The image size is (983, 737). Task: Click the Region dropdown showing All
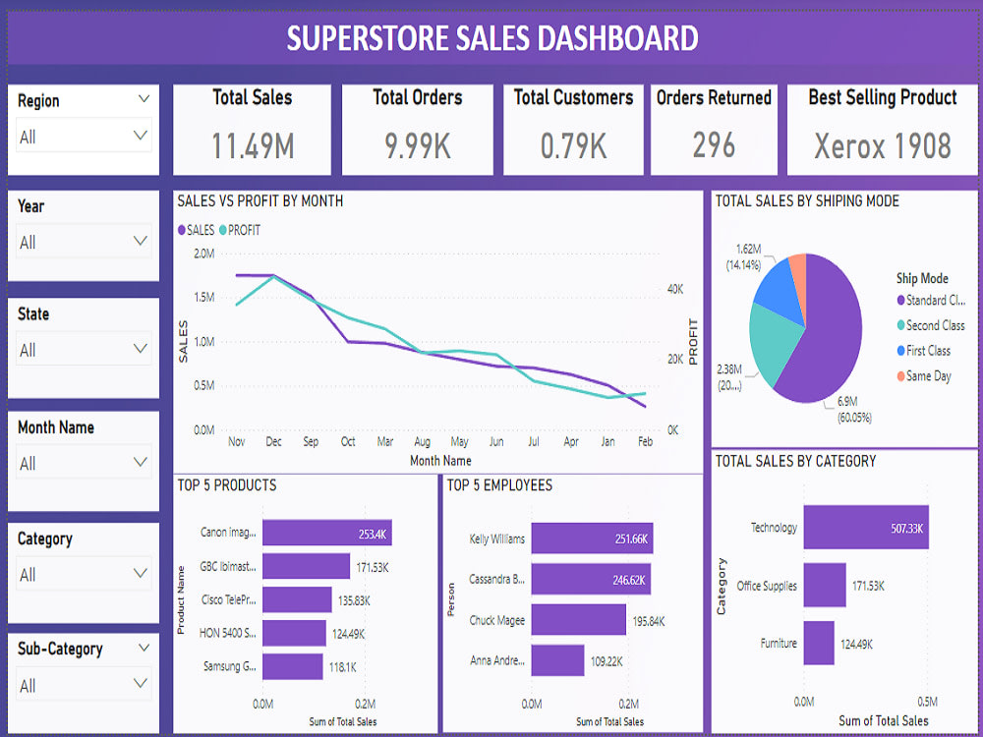click(84, 136)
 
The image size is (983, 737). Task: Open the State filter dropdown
click(84, 349)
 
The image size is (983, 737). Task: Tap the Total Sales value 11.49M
click(253, 145)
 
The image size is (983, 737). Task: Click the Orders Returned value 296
click(714, 145)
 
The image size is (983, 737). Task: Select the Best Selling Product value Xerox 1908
click(882, 145)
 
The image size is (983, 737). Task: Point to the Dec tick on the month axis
click(272, 442)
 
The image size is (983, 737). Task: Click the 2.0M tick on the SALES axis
click(203, 254)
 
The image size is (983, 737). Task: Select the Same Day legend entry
click(928, 375)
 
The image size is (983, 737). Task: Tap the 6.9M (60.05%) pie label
click(853, 410)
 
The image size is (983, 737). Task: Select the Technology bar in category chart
click(865, 528)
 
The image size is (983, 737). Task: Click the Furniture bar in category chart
click(818, 644)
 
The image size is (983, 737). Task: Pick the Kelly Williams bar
click(591, 539)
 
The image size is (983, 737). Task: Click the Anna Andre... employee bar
click(557, 660)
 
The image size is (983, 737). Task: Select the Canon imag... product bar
click(326, 533)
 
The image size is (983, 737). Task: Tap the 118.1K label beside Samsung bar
click(342, 666)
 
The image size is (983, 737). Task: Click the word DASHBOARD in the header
click(605, 38)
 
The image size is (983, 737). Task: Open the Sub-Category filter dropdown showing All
click(84, 685)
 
